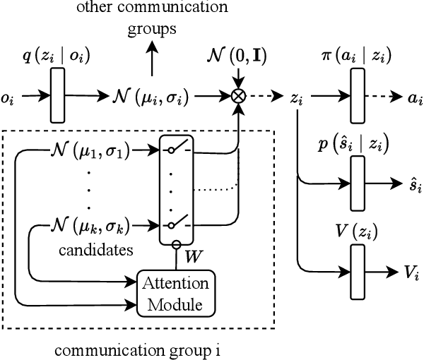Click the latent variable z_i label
point(298,100)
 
